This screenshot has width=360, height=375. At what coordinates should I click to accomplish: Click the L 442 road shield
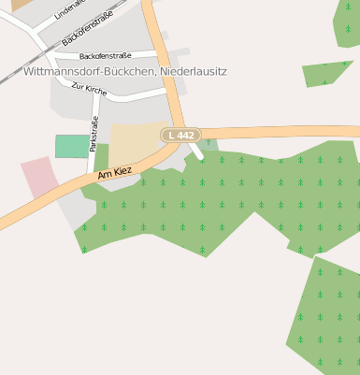point(181,136)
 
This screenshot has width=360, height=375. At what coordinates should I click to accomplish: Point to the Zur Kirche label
point(89,89)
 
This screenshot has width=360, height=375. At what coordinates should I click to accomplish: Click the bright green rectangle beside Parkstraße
point(70,146)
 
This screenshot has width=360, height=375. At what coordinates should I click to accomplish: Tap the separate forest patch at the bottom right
point(325,318)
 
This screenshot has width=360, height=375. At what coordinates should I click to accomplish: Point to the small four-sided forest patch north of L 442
point(327,73)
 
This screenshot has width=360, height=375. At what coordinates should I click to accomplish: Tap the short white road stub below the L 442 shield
point(195,150)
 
